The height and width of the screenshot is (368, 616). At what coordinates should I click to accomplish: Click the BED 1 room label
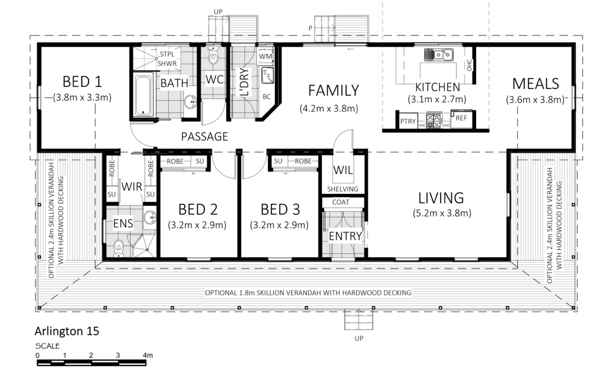(82, 82)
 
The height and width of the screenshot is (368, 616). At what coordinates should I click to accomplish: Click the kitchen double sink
(438, 54)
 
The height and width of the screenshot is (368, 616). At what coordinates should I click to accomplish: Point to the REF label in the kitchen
(461, 118)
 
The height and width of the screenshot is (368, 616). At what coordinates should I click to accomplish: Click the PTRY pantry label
(408, 121)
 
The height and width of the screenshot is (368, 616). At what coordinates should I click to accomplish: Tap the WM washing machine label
(265, 56)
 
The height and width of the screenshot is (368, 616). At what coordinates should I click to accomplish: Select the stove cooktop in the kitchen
(434, 120)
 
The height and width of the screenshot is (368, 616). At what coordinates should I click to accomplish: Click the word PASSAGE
(205, 136)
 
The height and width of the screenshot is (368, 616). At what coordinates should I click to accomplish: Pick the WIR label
(132, 186)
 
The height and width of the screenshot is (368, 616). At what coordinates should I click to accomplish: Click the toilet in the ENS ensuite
(118, 248)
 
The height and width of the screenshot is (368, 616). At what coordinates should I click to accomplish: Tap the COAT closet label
(341, 202)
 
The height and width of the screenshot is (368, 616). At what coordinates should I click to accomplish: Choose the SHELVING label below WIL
(343, 189)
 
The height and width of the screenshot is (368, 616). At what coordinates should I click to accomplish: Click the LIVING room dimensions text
(442, 213)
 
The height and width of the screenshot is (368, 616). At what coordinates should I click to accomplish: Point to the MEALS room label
(536, 84)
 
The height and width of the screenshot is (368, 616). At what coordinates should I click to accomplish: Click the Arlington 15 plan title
(67, 331)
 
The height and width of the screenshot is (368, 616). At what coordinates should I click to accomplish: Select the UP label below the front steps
(359, 339)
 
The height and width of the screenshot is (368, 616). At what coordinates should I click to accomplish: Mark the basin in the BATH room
(190, 102)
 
